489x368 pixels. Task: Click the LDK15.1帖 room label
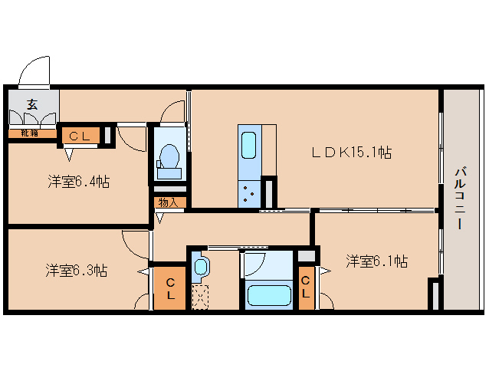point(352,153)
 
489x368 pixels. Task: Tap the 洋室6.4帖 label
point(79,182)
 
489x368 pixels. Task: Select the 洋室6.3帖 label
point(77,270)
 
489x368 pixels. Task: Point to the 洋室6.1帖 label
point(377,261)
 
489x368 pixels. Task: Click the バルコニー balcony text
point(461,199)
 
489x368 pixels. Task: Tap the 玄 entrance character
point(32,104)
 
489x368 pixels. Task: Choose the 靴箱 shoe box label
point(30,133)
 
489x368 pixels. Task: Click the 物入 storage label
point(168,202)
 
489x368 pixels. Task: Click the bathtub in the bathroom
point(269,295)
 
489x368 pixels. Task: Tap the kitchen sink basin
point(249,145)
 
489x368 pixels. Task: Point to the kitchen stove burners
point(249,194)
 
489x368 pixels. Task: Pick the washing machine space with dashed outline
point(200,297)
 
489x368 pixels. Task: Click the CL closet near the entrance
point(81,135)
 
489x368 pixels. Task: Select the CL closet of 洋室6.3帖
point(170,288)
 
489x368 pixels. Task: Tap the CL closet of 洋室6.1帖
point(306,287)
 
